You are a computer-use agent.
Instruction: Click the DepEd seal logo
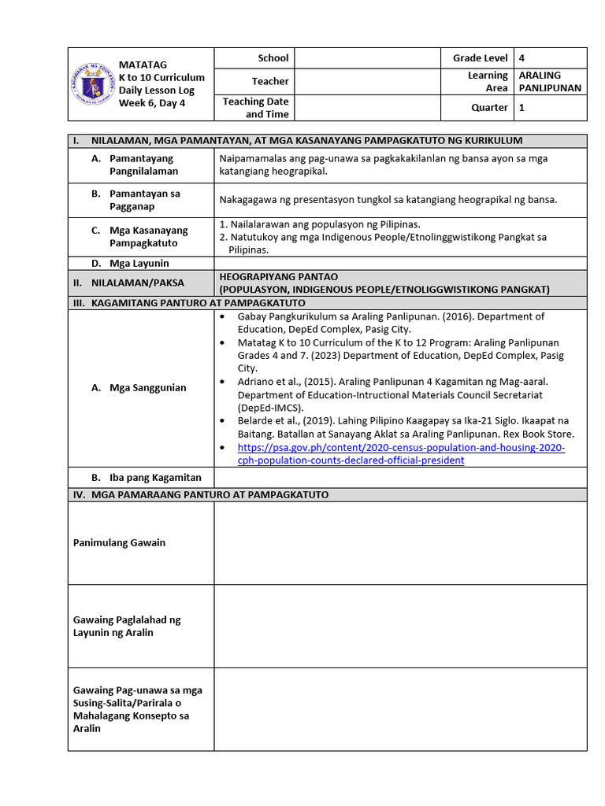[x=93, y=83]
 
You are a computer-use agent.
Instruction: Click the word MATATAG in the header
[x=143, y=64]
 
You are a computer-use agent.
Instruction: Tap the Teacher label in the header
[x=270, y=81]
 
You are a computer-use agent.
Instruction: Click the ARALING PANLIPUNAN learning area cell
[x=550, y=81]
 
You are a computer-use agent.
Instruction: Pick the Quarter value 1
[x=521, y=108]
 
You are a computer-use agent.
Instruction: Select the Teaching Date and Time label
[x=255, y=108]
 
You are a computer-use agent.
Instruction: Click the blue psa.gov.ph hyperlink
[x=401, y=454]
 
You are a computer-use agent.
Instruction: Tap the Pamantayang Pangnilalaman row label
[x=143, y=165]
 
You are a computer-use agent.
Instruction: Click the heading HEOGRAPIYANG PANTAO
[x=279, y=276]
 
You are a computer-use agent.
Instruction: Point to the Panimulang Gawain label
[x=119, y=543]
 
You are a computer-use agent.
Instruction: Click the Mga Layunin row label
[x=139, y=263]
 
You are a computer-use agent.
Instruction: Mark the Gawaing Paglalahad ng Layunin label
[x=126, y=626]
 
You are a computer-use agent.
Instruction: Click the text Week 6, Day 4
[x=152, y=102]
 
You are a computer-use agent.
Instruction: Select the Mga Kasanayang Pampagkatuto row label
[x=148, y=237]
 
